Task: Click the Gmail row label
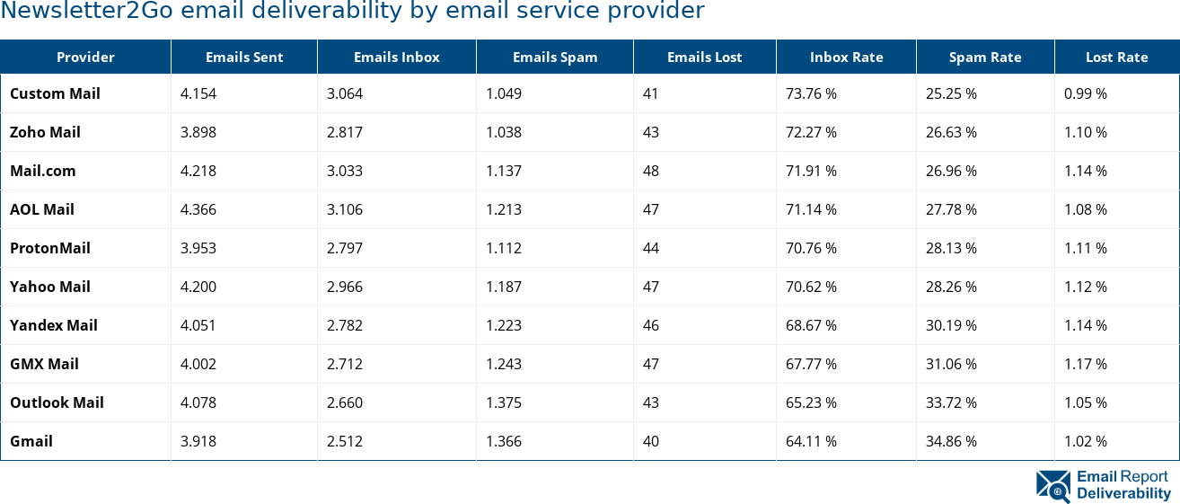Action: click(31, 441)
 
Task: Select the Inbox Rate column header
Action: click(846, 57)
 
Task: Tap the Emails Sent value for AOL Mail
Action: click(198, 209)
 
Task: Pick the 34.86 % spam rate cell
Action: click(951, 441)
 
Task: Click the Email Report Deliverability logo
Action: click(1103, 485)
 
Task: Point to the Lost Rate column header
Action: click(1116, 57)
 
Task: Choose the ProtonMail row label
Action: click(50, 248)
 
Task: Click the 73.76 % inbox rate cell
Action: click(811, 93)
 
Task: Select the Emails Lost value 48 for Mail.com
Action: click(650, 171)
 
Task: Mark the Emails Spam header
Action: click(554, 57)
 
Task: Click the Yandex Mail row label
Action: click(54, 325)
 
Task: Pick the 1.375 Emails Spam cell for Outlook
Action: click(503, 402)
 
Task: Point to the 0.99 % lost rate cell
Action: click(1085, 93)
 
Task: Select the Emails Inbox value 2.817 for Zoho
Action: click(345, 132)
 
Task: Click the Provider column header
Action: click(85, 57)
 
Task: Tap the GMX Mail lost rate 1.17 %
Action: click(1085, 364)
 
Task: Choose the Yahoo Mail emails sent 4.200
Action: click(198, 287)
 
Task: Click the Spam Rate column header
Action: click(985, 57)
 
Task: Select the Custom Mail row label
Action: click(55, 93)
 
